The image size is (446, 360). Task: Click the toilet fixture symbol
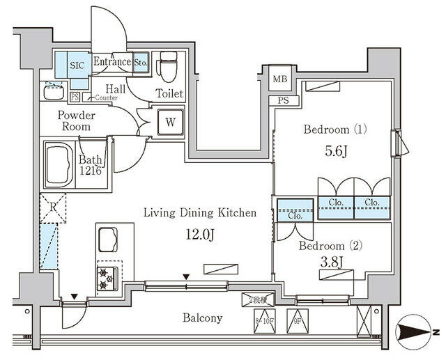(167, 68)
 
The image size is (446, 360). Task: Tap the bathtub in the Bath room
(64, 164)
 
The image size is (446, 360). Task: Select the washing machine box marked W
(170, 122)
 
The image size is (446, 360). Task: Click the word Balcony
(202, 318)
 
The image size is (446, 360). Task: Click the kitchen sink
(109, 240)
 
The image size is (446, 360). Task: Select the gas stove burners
(106, 277)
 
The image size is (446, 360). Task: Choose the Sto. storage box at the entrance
(140, 61)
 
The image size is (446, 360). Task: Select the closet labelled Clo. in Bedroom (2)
(294, 216)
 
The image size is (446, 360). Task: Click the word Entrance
(111, 62)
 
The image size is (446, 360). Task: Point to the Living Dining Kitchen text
(200, 213)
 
